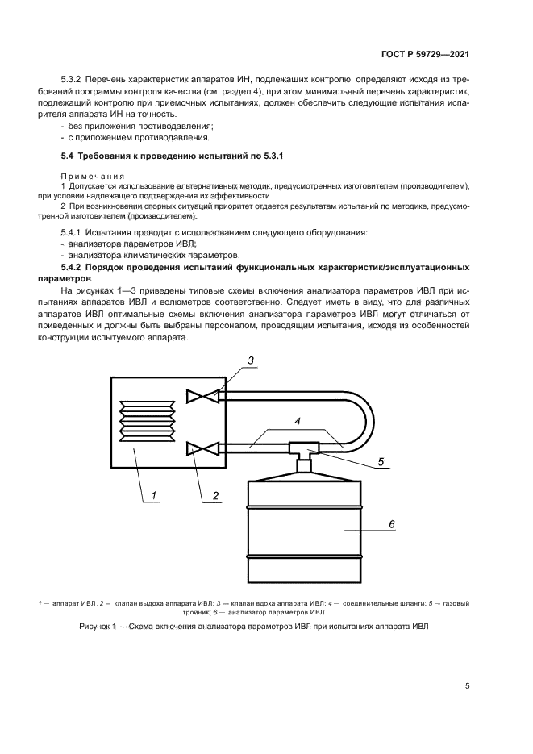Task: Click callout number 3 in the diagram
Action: point(251,360)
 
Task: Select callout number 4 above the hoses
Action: point(297,421)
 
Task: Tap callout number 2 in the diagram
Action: point(216,494)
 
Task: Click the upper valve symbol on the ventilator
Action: point(202,396)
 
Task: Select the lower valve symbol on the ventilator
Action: point(202,448)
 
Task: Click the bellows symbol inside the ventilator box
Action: point(146,422)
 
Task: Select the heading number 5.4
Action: point(69,156)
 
